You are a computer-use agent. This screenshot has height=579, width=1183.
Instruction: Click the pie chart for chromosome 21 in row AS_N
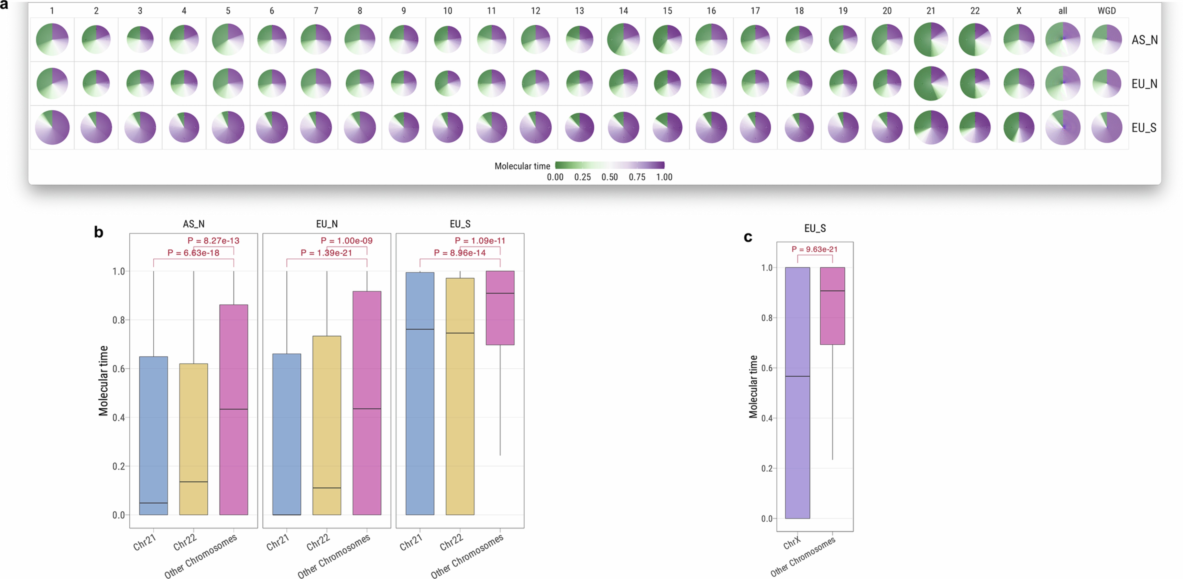click(931, 40)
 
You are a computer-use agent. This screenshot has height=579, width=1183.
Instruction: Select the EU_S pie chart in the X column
click(1019, 127)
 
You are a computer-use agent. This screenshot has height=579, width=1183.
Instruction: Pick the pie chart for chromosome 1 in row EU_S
click(52, 127)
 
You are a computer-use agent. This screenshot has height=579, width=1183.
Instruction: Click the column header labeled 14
click(623, 11)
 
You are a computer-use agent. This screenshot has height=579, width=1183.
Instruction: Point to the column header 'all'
click(1063, 11)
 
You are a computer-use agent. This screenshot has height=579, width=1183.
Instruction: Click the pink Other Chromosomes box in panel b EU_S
click(500, 308)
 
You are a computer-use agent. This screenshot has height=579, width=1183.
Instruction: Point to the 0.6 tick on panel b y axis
click(119, 369)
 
